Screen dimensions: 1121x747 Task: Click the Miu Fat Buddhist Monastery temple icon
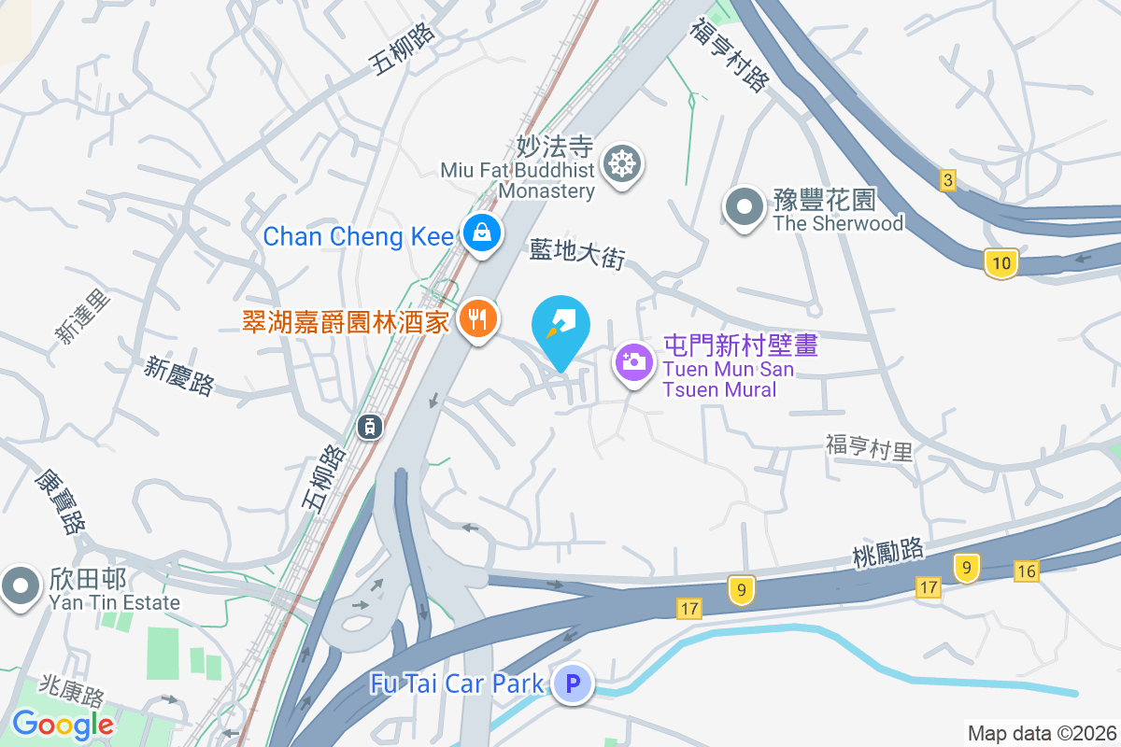[x=620, y=164]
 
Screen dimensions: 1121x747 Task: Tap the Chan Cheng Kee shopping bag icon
[x=480, y=233]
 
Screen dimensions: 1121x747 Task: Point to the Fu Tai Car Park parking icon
[x=573, y=684]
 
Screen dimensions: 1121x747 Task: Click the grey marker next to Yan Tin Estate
[x=20, y=586]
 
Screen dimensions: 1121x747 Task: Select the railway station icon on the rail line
[x=370, y=427]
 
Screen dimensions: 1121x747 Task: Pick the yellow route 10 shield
[x=1001, y=263]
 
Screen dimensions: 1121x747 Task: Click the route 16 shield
[x=1026, y=571]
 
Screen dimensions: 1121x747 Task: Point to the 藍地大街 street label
[x=576, y=252]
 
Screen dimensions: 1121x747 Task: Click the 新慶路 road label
[x=179, y=375]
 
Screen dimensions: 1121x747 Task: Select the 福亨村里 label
[x=869, y=447]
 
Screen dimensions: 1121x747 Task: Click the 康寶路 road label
[x=59, y=500]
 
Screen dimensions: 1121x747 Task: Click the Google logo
[x=63, y=724]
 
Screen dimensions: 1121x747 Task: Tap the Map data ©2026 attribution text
[x=1042, y=733]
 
